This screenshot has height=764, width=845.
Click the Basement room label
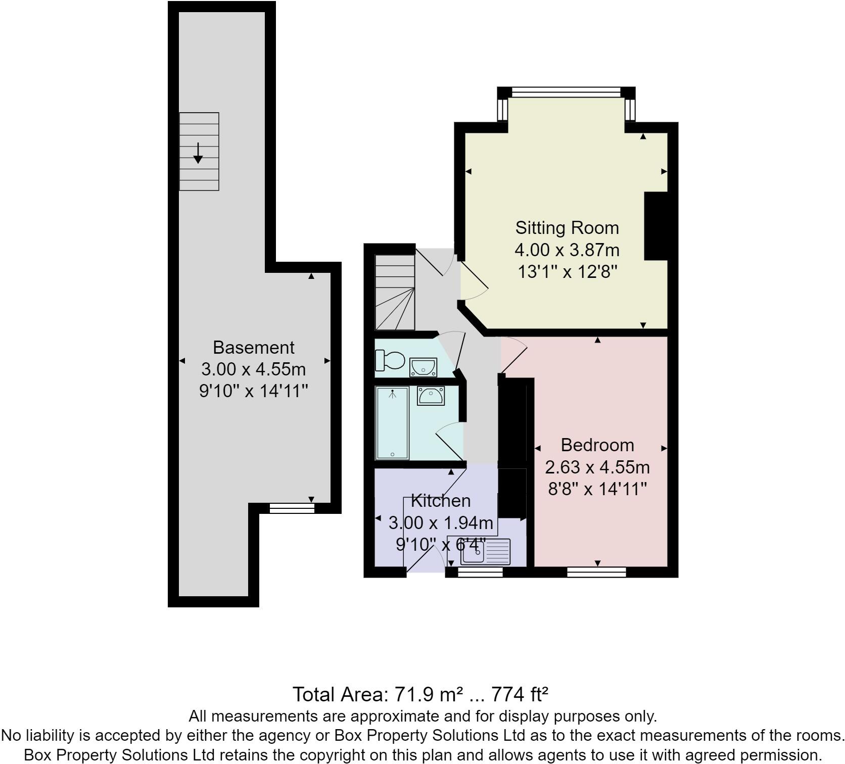point(253,348)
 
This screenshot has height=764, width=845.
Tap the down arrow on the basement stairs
point(198,153)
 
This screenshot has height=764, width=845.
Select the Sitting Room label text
point(567,228)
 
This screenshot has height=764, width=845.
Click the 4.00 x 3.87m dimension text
point(567,250)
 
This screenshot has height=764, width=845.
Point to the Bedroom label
point(597,445)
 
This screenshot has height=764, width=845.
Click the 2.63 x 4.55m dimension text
point(597,467)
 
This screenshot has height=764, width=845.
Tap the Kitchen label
point(441,501)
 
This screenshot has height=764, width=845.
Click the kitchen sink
point(485,552)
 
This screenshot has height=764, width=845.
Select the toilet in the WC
point(390,360)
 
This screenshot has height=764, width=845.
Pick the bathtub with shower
point(392,423)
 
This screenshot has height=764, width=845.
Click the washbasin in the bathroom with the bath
point(430,396)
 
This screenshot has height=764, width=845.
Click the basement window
point(292,508)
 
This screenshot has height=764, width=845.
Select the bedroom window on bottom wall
point(596,572)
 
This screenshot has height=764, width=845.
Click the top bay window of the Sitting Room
point(566,92)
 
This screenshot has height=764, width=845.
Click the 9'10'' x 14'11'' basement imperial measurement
point(253,391)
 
